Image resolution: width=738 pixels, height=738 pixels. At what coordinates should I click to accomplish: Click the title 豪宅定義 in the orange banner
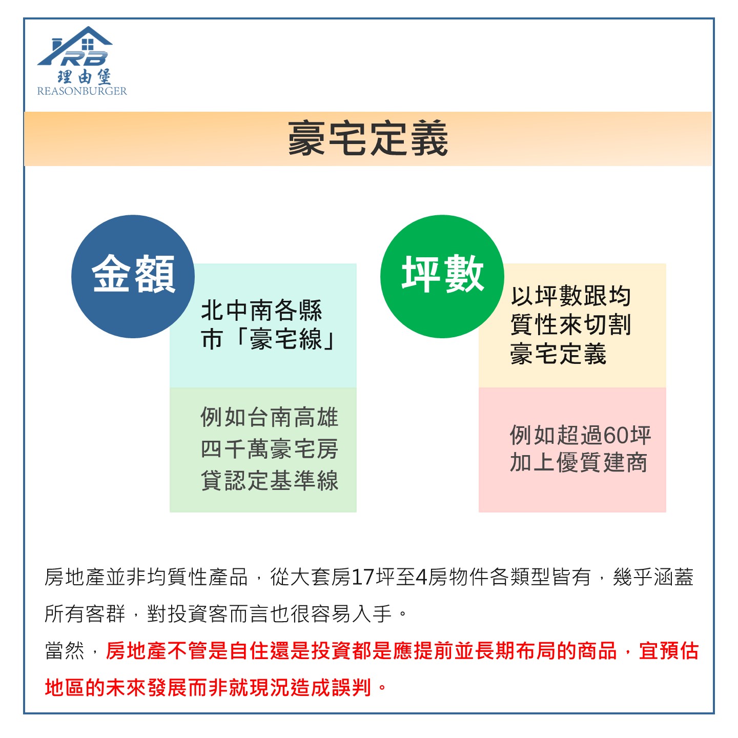367,138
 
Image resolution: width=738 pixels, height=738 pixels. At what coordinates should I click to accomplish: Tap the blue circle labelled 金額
133,276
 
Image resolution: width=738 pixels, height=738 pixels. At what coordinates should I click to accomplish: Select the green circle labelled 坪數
442,276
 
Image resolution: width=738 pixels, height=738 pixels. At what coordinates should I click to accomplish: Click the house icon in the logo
75,46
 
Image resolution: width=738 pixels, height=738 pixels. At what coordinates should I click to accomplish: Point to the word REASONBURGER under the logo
82,91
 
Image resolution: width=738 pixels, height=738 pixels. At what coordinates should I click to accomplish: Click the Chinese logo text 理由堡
84,76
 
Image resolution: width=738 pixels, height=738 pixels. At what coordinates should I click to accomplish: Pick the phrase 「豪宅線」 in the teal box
285,339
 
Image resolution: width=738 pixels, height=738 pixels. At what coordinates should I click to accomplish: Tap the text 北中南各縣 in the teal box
261,310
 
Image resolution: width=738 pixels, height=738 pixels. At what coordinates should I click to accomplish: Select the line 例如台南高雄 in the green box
270,417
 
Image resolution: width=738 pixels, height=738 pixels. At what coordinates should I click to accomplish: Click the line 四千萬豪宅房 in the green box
270,449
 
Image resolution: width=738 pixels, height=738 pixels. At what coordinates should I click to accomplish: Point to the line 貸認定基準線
270,480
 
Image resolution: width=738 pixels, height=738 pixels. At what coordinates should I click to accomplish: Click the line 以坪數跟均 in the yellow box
570,296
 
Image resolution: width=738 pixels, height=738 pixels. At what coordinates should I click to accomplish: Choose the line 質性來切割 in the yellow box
570,325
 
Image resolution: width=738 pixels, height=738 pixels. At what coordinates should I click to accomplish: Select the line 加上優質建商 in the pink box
578,463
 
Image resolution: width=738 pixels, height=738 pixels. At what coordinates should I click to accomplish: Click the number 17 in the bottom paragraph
362,578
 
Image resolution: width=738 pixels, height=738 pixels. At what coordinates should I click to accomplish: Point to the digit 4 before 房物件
421,578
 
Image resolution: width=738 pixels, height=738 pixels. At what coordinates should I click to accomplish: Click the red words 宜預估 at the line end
669,651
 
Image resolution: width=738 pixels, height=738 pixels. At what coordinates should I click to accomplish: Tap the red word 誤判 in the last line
352,687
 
